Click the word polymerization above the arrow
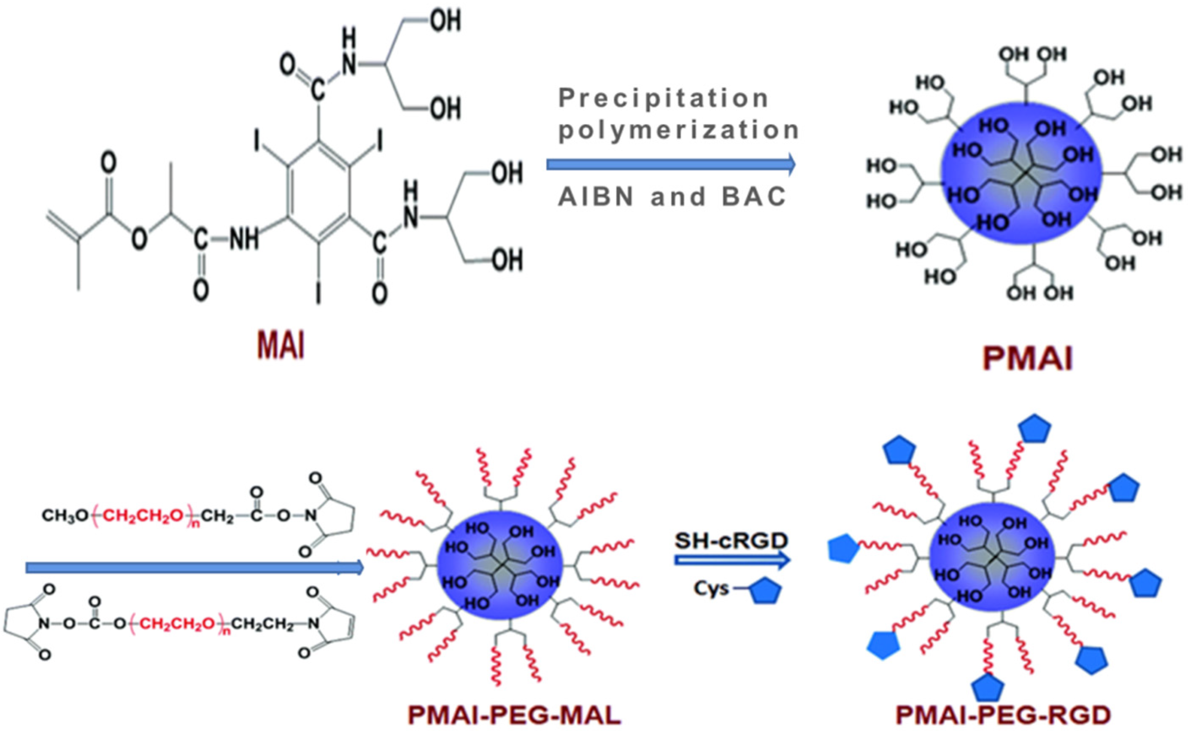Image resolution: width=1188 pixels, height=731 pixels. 679,129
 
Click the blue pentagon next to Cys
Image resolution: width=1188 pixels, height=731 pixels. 765,591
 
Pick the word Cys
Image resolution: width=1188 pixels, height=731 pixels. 711,589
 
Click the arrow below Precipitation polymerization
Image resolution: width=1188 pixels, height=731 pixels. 670,164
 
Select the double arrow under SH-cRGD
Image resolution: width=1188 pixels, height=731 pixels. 732,560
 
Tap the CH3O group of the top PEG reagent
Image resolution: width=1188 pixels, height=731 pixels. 64,516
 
